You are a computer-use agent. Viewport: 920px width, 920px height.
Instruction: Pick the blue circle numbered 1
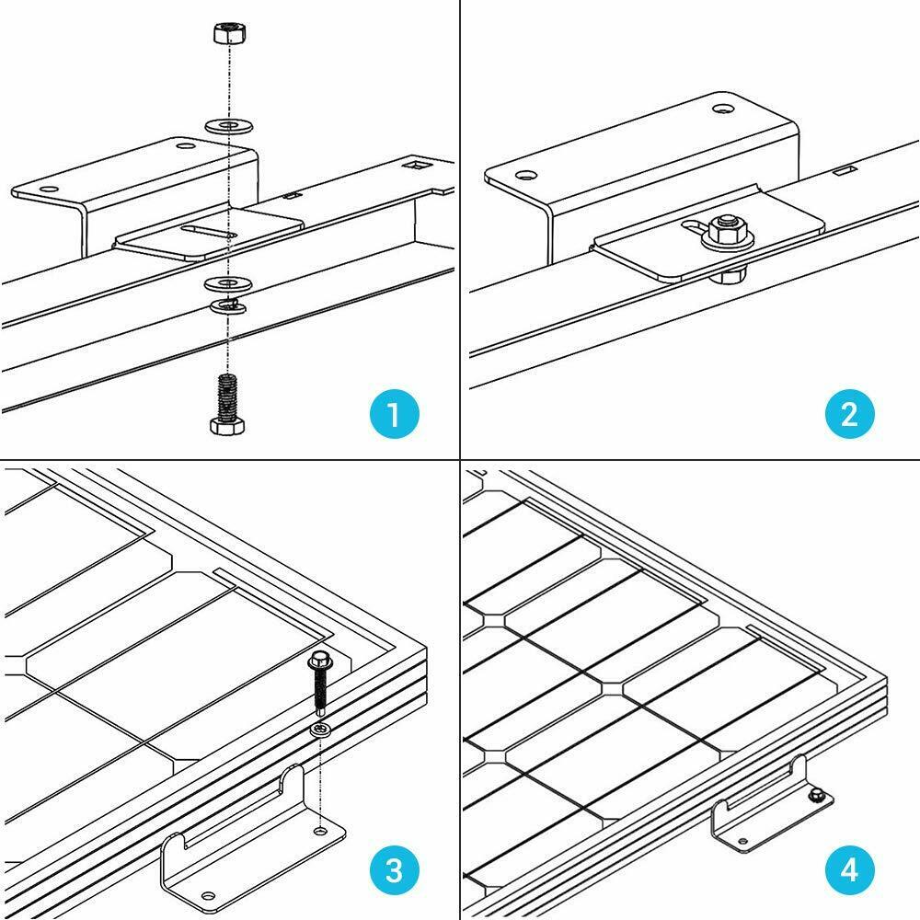[x=393, y=415]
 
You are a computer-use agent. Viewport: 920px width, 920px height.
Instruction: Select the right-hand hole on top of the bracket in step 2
[x=724, y=110]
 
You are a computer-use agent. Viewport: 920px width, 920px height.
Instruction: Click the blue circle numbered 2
[x=849, y=415]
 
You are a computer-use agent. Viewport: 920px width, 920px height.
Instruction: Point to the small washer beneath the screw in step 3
[x=319, y=730]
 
